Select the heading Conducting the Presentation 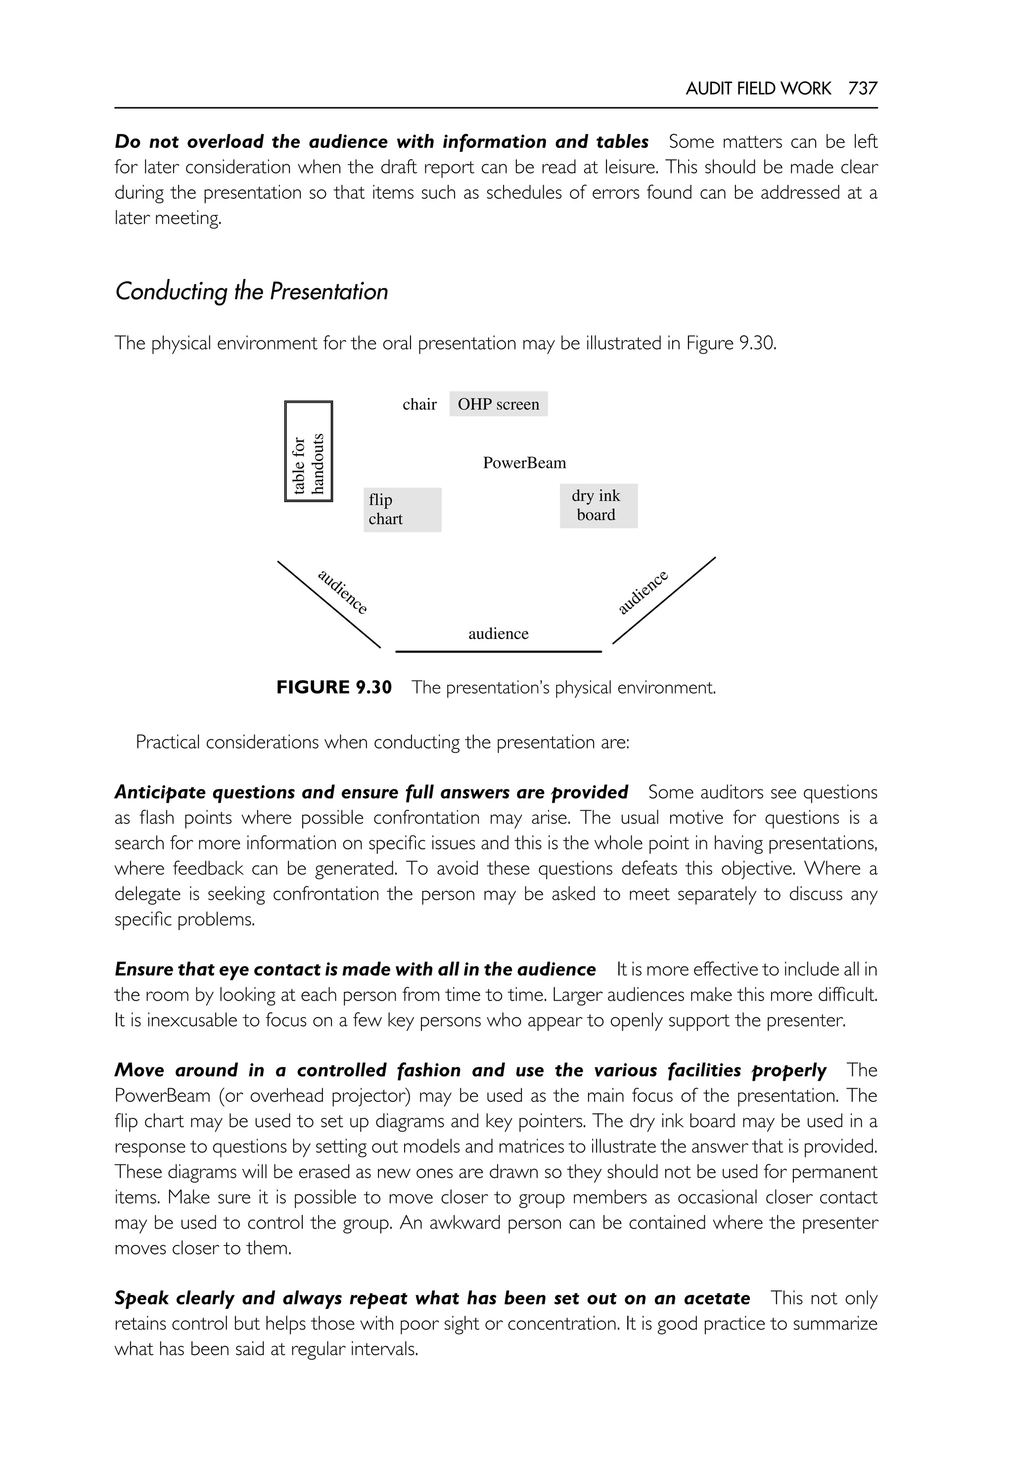coord(251,291)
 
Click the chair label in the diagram coord(419,404)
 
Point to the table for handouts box coord(309,451)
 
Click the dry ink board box coord(598,506)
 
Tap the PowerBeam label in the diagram coord(524,463)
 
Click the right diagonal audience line coord(664,600)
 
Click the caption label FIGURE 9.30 coord(334,688)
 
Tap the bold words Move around coord(175,1070)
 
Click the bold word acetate coord(717,1298)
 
